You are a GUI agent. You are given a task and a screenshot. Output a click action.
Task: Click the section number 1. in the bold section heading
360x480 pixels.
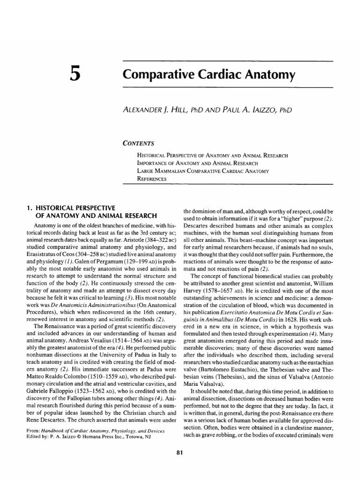[27, 208]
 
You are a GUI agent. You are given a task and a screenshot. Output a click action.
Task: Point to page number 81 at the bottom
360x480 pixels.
[180, 452]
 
